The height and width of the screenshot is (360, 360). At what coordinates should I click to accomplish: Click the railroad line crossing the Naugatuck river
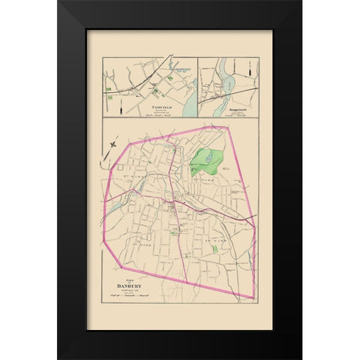(x=225, y=89)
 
